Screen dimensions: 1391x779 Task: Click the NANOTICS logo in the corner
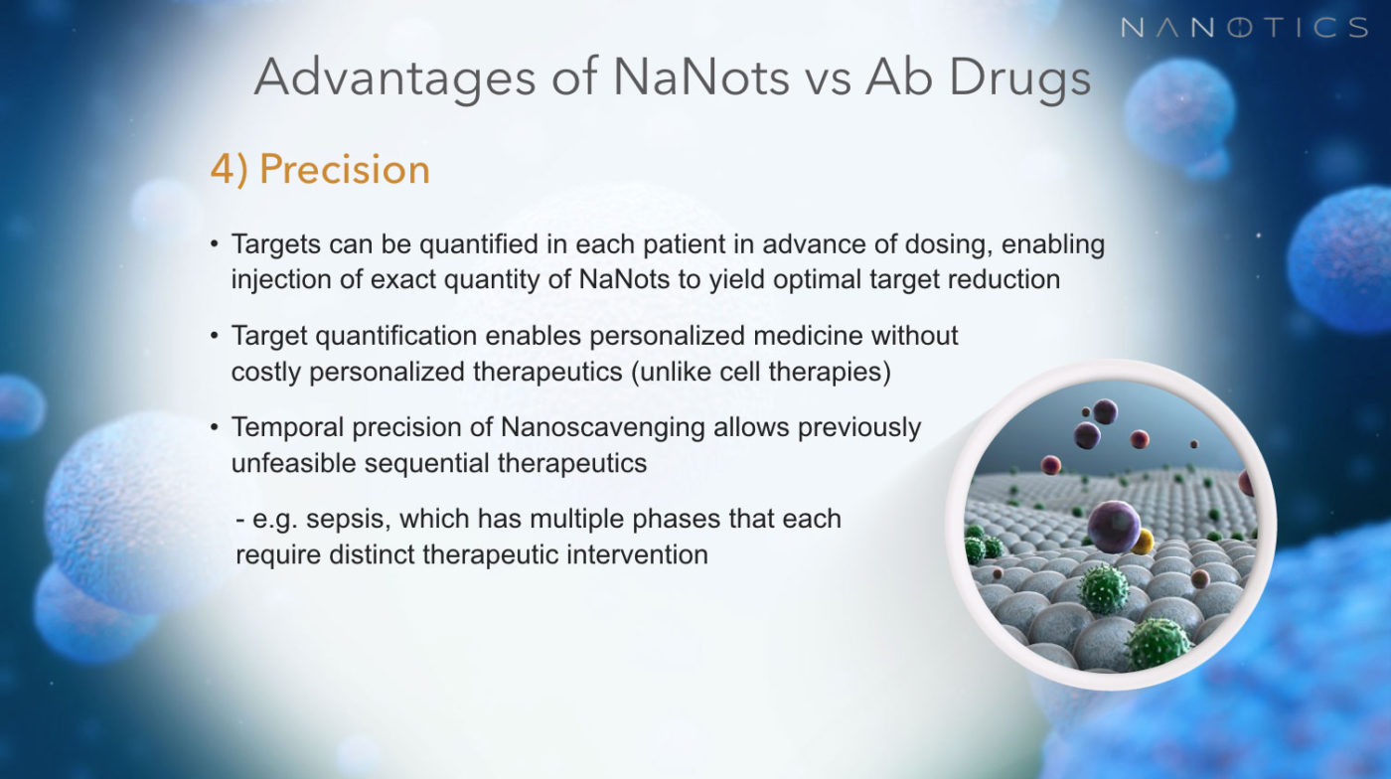1244,28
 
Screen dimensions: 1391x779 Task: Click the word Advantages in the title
395,78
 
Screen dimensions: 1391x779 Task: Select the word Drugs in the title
1019,78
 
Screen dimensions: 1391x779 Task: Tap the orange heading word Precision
345,169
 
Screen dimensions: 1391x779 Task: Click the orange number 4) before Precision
230,170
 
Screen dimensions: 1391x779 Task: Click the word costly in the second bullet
266,372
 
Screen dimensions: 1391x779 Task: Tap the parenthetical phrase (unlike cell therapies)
761,372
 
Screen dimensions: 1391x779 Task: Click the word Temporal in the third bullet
287,428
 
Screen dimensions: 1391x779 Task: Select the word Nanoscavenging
602,428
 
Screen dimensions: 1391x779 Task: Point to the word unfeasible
294,463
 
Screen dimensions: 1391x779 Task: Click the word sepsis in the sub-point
348,520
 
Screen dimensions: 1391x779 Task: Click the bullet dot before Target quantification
215,336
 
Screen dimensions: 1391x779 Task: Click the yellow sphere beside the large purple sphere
1144,542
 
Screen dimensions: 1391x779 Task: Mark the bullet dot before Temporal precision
215,428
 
